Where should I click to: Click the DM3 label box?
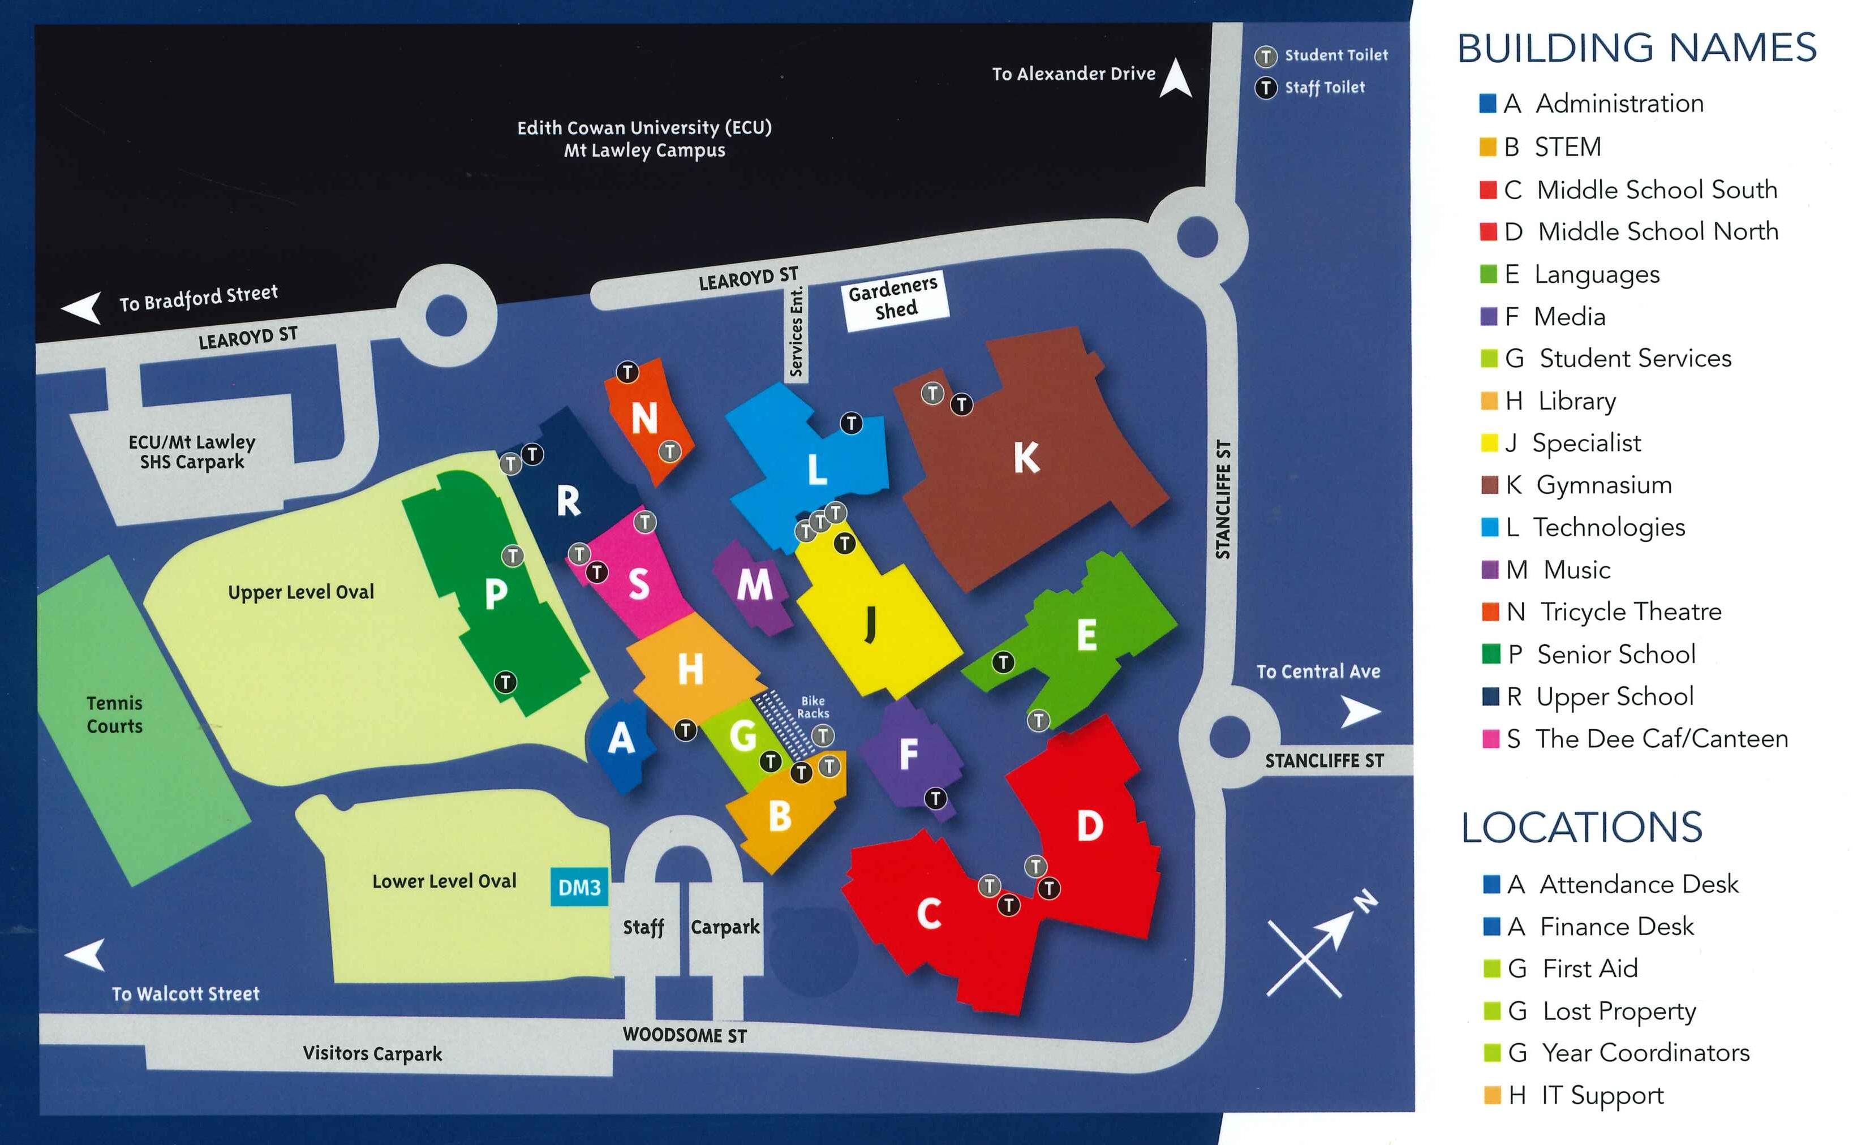579,887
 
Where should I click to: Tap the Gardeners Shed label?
895,299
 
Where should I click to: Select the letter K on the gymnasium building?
1026,458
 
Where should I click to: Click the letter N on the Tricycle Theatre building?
644,418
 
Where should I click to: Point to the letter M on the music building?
754,584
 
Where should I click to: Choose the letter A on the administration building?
621,738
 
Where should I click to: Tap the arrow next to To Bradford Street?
82,307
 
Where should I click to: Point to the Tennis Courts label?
114,714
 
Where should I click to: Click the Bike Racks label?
812,707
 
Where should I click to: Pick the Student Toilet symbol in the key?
1265,56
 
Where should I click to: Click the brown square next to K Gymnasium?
1489,485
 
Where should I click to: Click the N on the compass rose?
1365,901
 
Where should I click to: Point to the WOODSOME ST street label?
685,1035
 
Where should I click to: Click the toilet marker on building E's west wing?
1003,662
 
